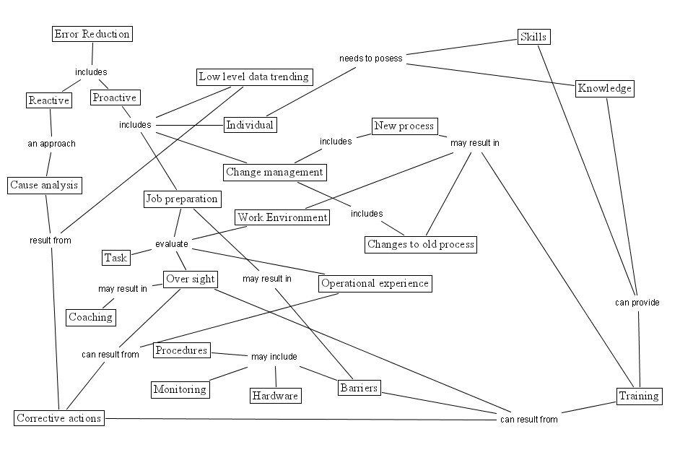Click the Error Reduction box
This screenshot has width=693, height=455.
[92, 34]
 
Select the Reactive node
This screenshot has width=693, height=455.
[48, 100]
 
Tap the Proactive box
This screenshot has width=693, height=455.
[115, 97]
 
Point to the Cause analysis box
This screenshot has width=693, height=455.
[44, 186]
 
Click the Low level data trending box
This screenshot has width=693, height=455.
[254, 77]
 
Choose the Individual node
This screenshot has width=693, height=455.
[250, 125]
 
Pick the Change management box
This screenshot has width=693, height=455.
[274, 172]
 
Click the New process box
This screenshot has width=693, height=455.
[404, 126]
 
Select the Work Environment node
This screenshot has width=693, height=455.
[282, 217]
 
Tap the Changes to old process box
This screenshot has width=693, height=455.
[420, 244]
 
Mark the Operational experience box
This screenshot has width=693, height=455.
[375, 283]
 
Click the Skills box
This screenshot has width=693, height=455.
[535, 37]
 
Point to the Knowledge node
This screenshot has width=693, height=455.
[605, 89]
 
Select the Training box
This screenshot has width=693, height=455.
[639, 396]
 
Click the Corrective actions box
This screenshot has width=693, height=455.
[59, 418]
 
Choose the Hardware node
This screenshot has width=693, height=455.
[275, 396]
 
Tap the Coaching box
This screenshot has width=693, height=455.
[90, 317]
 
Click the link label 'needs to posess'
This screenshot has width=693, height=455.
[371, 58]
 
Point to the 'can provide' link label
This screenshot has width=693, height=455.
[637, 303]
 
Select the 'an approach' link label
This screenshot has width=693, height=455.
[51, 144]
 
